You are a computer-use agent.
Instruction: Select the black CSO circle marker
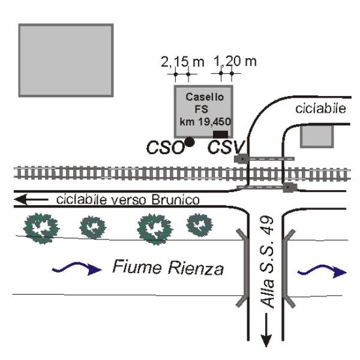coord(189,142)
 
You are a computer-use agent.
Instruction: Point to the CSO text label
coord(166,147)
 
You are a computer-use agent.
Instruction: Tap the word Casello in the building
coord(204,97)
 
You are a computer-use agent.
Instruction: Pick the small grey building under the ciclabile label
coord(316,136)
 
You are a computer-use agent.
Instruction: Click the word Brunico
coord(173,199)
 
